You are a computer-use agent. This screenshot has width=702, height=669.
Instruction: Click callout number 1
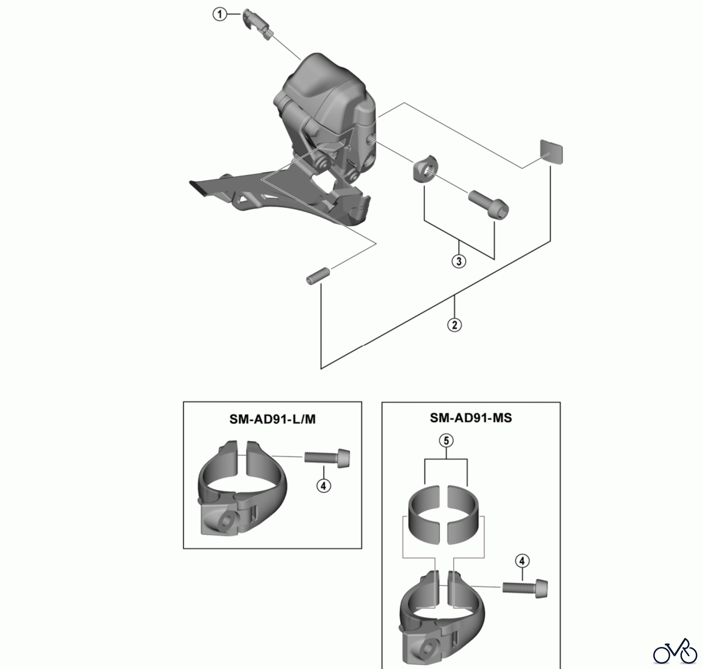tap(220, 15)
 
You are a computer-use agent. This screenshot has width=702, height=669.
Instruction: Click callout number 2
tap(454, 324)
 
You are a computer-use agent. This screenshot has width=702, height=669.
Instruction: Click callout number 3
tap(459, 261)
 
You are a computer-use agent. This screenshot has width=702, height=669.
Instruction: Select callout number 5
tap(446, 441)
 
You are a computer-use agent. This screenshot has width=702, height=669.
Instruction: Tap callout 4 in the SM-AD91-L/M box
tap(323, 485)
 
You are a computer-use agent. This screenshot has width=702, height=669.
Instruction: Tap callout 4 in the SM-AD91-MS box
tap(522, 561)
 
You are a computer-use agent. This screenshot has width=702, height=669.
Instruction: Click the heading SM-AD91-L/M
tap(272, 419)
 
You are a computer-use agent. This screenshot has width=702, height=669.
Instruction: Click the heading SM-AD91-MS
tap(471, 418)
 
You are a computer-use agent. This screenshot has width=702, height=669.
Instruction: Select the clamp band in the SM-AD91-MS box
tap(442, 620)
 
